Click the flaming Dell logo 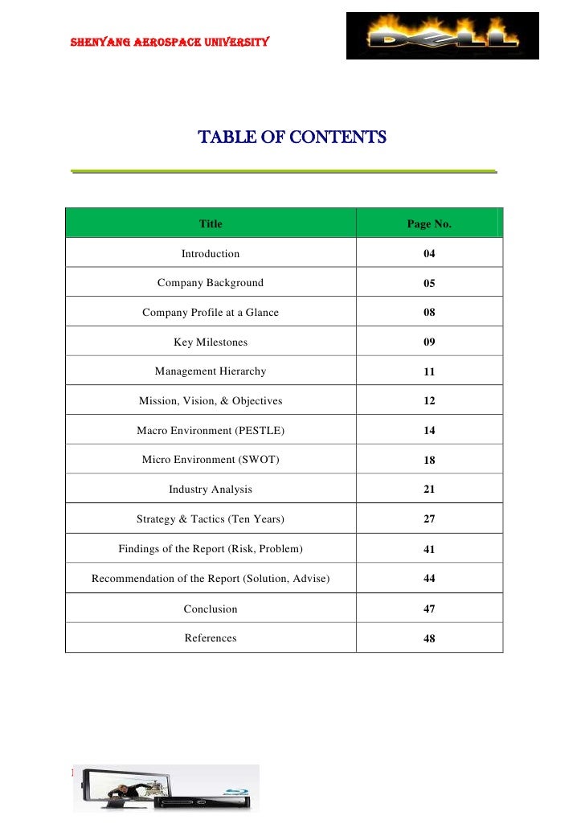(x=442, y=36)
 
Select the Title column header (x=211, y=224)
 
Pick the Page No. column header (x=429, y=224)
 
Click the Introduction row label (x=211, y=254)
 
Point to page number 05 (x=429, y=284)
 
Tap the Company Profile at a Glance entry (x=211, y=313)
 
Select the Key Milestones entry (x=211, y=342)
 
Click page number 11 (x=429, y=372)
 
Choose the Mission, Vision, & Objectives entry (x=211, y=401)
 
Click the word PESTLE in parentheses (x=260, y=431)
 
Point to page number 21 (x=429, y=490)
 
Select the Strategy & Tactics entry (x=211, y=519)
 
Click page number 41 (x=429, y=549)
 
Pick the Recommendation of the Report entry (x=211, y=579)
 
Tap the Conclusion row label (x=211, y=609)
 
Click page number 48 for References (x=429, y=639)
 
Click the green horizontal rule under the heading (x=283, y=171)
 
